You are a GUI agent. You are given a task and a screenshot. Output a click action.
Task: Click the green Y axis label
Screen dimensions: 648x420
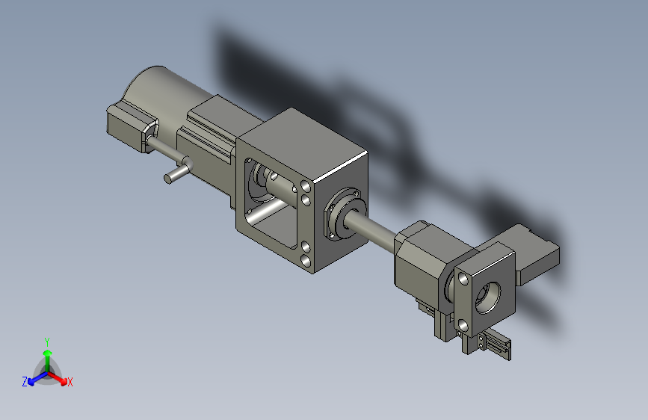coord(47,342)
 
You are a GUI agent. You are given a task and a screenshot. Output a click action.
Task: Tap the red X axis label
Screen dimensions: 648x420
coord(70,382)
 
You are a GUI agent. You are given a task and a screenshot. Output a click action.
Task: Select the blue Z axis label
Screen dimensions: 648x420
coord(25,382)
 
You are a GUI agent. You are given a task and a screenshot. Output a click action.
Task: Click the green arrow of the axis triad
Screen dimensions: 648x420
coord(48,359)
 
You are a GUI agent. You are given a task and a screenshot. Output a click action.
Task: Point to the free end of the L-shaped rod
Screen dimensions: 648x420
coord(168,179)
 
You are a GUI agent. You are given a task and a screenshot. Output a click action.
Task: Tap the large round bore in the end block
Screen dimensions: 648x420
coord(487,297)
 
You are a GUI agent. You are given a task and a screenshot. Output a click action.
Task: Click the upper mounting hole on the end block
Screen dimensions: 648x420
coord(463,279)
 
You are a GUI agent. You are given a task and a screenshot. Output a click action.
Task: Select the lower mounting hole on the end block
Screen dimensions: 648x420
coord(463,326)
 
